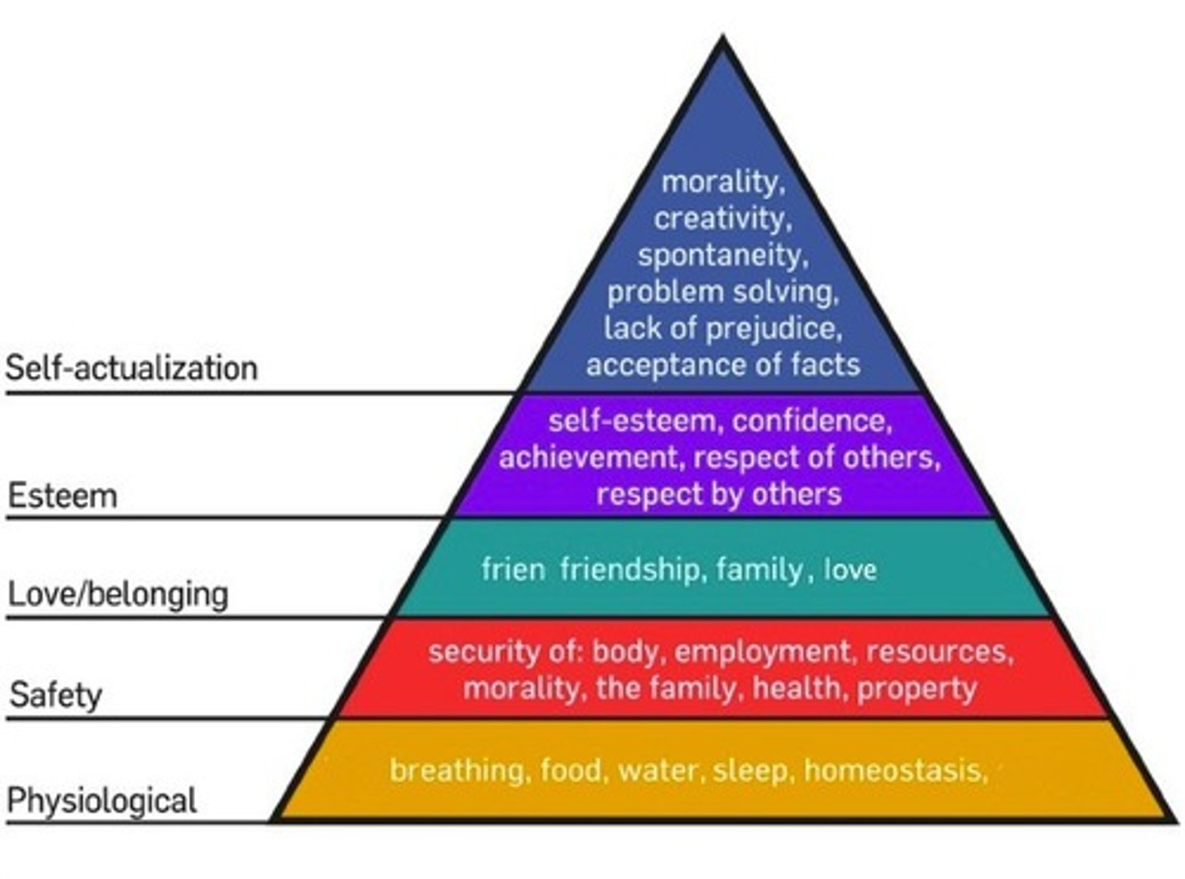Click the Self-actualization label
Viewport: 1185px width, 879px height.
(132, 368)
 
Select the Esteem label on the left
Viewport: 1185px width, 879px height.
(63, 496)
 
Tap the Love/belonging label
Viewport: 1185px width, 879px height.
(118, 593)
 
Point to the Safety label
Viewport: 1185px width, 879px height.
(56, 695)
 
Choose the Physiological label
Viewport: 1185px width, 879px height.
(102, 800)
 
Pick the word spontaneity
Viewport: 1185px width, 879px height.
(723, 255)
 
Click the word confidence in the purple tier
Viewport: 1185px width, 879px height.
(811, 421)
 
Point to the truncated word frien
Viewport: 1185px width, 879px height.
(513, 570)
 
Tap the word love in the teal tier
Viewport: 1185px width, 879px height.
(850, 570)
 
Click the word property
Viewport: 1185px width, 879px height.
(917, 688)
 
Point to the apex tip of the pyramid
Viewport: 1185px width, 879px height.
(723, 38)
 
